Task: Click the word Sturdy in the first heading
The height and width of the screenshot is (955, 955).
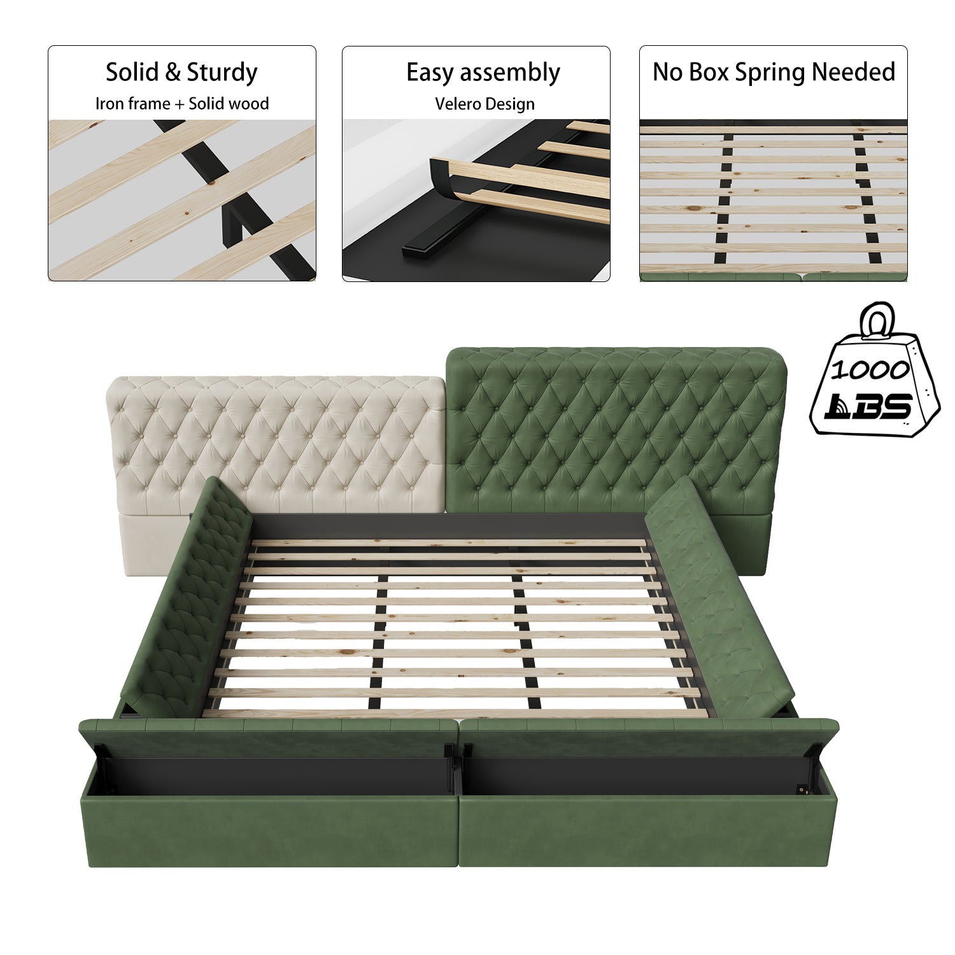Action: coord(221,73)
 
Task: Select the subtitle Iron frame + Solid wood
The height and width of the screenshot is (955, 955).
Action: coord(182,104)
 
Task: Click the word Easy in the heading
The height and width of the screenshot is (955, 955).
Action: coord(430,73)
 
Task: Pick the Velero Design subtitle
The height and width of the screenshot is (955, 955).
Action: coord(485,104)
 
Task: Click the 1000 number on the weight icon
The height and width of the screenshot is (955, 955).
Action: coord(870,369)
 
